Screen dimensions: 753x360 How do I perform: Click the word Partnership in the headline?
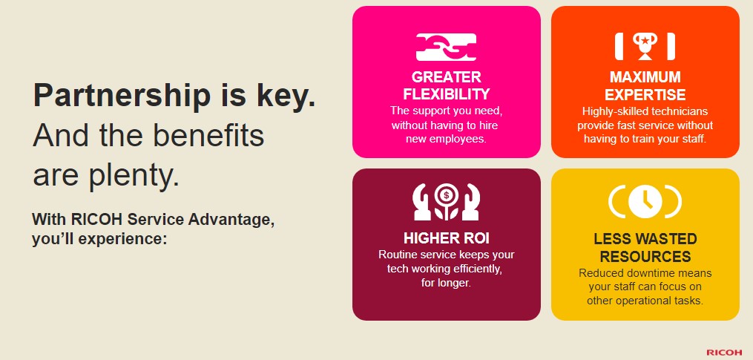[122, 96]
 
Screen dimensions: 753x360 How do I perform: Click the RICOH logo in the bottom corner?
[724, 353]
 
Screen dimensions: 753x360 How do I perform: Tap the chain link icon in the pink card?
[446, 47]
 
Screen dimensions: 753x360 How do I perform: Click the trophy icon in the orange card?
[645, 46]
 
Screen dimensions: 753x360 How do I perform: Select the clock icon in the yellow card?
[645, 201]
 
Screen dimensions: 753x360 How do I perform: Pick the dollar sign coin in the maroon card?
[447, 194]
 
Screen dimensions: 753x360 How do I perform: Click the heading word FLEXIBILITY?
[446, 94]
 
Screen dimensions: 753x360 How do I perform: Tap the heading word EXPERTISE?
[645, 94]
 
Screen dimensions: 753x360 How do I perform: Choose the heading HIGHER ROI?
[446, 238]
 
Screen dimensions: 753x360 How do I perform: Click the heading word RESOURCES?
[645, 256]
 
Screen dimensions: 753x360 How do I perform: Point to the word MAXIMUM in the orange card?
[645, 77]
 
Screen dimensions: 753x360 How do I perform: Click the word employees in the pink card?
[460, 140]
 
